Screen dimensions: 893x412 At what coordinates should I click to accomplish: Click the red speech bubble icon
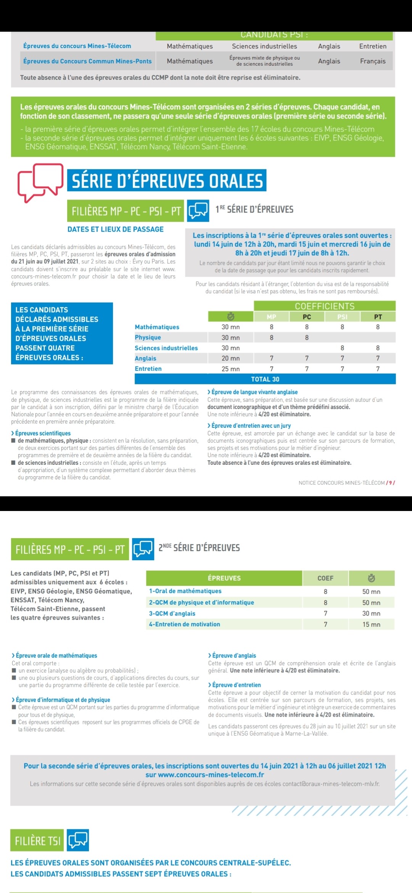[40, 182]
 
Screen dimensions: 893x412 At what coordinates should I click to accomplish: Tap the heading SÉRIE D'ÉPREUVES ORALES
[167, 181]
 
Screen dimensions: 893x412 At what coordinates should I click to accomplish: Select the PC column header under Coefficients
[307, 317]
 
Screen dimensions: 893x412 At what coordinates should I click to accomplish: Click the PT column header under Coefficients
[378, 317]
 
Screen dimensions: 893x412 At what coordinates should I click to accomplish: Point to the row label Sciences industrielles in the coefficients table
[166, 348]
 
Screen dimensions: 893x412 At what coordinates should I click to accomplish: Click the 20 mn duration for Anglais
[230, 358]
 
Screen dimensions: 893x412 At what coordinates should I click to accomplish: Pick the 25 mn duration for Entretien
[230, 369]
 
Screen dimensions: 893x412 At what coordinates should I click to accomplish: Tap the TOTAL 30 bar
[265, 379]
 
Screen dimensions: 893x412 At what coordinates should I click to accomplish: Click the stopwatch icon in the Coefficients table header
[230, 316]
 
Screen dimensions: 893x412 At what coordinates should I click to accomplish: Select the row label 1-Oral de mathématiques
[185, 591]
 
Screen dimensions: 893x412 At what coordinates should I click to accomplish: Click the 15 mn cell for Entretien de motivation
[371, 624]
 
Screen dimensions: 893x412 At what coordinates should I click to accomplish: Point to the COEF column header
[325, 578]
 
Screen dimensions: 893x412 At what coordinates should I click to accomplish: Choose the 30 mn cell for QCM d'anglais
[371, 613]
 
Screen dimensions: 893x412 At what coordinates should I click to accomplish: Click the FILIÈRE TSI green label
[38, 841]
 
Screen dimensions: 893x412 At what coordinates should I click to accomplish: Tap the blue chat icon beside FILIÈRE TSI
[78, 840]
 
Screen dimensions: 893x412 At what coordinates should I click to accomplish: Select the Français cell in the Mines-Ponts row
[373, 61]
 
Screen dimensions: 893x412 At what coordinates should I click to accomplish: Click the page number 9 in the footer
[390, 483]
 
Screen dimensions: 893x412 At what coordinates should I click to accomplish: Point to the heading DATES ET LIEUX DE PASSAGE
[116, 229]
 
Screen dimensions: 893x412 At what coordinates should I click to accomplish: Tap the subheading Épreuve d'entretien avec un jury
[251, 426]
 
